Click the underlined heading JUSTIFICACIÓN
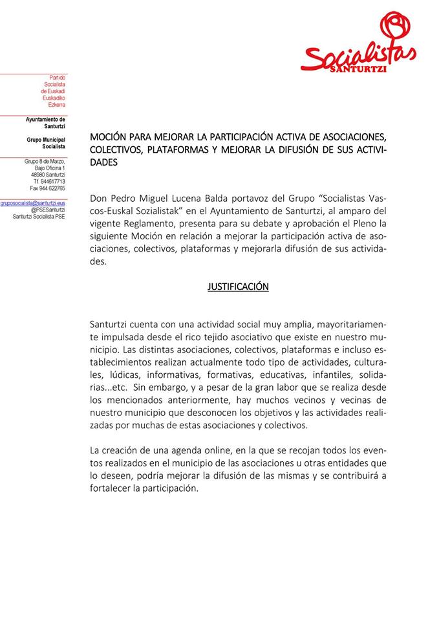point(238,287)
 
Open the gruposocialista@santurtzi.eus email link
point(33,203)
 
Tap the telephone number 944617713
point(52,182)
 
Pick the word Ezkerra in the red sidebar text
point(56,105)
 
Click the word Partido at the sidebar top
point(58,78)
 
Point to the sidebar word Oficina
point(52,168)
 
